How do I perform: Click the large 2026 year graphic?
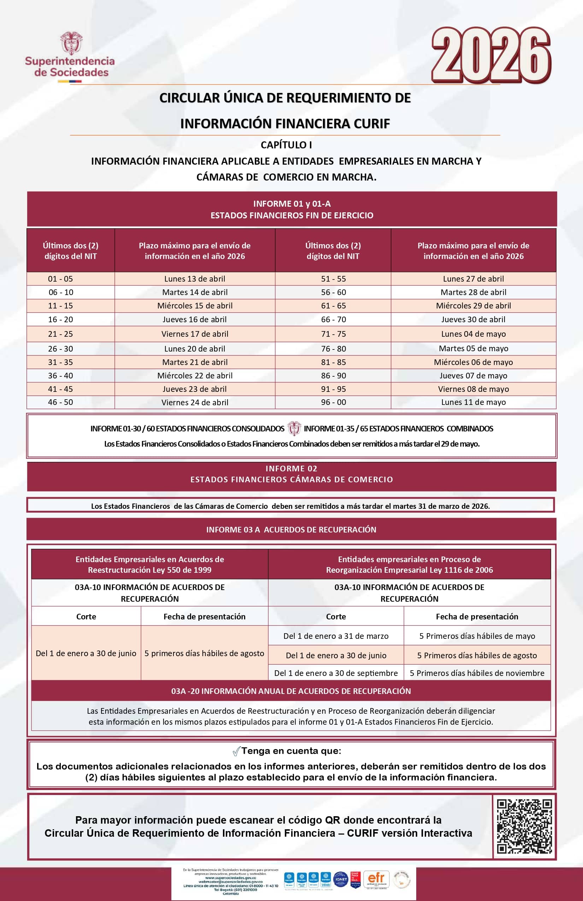click(491, 55)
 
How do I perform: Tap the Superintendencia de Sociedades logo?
click(70, 57)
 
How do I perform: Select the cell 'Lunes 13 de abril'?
click(195, 279)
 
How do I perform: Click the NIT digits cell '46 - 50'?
click(60, 402)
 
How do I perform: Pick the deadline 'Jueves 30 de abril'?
click(473, 319)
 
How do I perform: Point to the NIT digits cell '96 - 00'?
click(333, 402)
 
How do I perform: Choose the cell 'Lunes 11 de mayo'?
click(473, 402)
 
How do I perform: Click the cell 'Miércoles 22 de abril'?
click(195, 376)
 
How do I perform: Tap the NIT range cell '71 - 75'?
click(333, 334)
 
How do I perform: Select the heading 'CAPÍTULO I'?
click(286, 145)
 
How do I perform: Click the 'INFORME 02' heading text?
click(291, 469)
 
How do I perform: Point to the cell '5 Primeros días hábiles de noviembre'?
click(477, 673)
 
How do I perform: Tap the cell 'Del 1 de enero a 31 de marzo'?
click(336, 636)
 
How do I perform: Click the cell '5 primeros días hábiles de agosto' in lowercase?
click(205, 653)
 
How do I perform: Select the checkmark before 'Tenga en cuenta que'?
click(236, 751)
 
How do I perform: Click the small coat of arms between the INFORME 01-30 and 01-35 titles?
click(294, 429)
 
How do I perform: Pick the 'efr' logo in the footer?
click(376, 878)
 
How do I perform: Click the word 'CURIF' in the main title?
click(371, 123)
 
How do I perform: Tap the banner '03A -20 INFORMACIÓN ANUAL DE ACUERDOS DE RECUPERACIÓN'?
click(291, 691)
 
